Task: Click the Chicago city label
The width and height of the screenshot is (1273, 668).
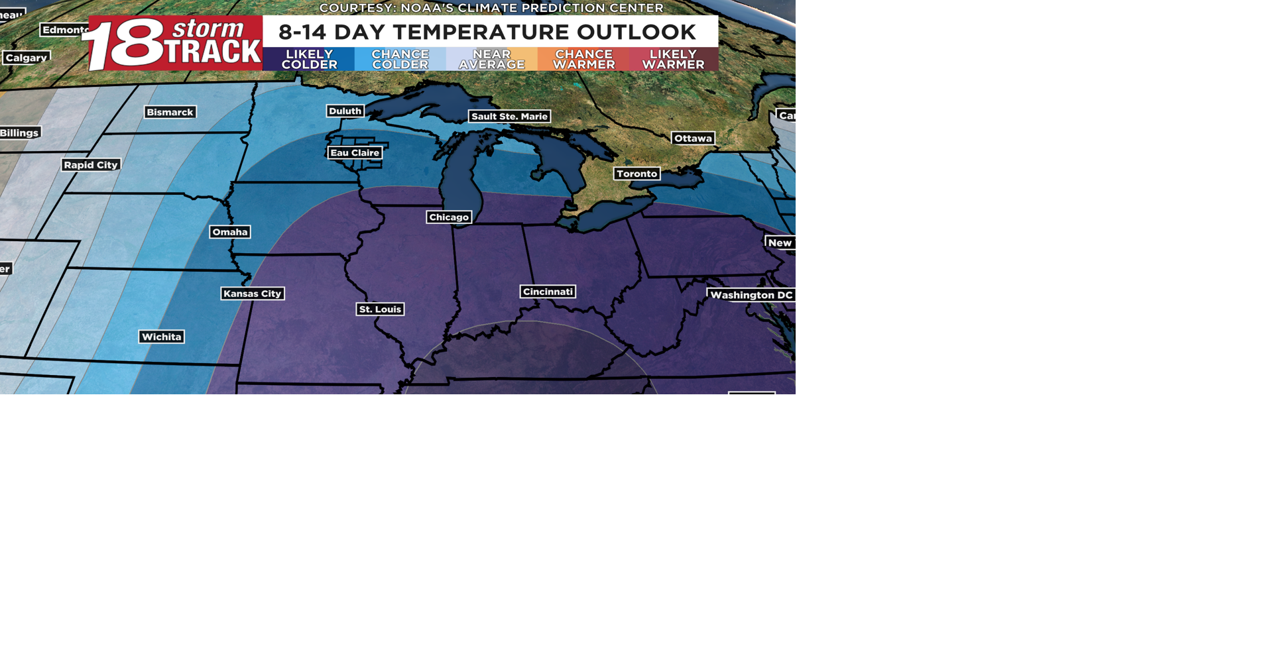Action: tap(449, 217)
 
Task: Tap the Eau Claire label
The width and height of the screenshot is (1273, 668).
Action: tap(355, 153)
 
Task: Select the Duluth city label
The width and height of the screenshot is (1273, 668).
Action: tap(345, 111)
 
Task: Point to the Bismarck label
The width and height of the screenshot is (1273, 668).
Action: tap(170, 113)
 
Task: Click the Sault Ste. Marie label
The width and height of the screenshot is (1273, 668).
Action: tap(509, 117)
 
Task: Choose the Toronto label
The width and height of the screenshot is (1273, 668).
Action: tap(636, 174)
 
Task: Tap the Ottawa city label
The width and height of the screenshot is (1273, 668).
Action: tap(693, 139)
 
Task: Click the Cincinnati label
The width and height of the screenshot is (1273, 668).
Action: tap(548, 292)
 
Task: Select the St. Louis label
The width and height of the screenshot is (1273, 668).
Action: tap(380, 309)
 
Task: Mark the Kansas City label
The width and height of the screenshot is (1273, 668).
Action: tap(253, 294)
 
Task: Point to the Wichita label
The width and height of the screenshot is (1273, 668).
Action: tap(162, 337)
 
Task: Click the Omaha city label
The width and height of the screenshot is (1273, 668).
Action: tap(230, 232)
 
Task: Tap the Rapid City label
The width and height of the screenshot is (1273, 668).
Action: tap(91, 165)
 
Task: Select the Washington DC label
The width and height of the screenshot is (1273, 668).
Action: tap(751, 295)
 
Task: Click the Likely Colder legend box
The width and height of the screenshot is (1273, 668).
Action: tap(309, 60)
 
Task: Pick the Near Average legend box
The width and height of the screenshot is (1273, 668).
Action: tap(492, 60)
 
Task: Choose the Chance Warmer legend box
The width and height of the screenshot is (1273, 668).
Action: tap(583, 60)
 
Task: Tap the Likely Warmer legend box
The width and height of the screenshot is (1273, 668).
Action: tap(673, 60)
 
